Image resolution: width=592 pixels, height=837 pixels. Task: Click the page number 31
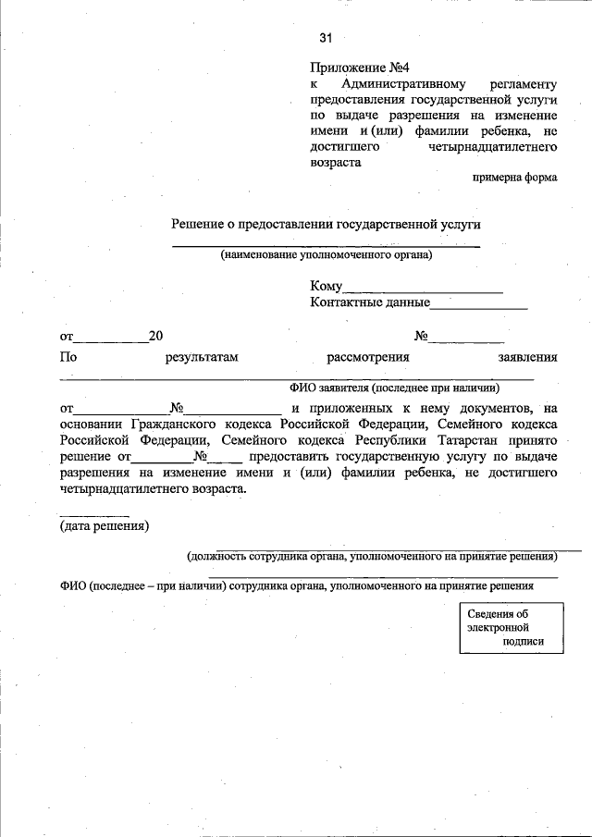point(325,38)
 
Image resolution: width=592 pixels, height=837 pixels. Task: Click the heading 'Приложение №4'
point(359,68)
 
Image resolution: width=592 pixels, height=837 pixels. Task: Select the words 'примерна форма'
point(514,178)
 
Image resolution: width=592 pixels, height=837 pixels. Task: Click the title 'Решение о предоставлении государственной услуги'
point(327,224)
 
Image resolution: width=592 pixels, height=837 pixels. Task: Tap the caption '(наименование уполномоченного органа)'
point(326,255)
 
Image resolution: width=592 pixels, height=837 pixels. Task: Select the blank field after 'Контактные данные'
point(478,303)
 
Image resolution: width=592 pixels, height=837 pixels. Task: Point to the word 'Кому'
point(327,287)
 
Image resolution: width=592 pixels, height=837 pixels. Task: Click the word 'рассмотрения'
point(368,357)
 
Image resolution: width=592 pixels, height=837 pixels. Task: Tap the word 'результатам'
point(202,357)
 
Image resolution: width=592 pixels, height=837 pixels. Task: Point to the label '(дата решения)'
point(105,527)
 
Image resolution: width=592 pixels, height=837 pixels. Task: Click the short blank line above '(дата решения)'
point(88,515)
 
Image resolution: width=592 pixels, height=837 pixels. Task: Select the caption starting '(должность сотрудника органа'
point(372,557)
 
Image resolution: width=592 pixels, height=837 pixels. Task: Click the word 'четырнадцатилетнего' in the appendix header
point(493,146)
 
